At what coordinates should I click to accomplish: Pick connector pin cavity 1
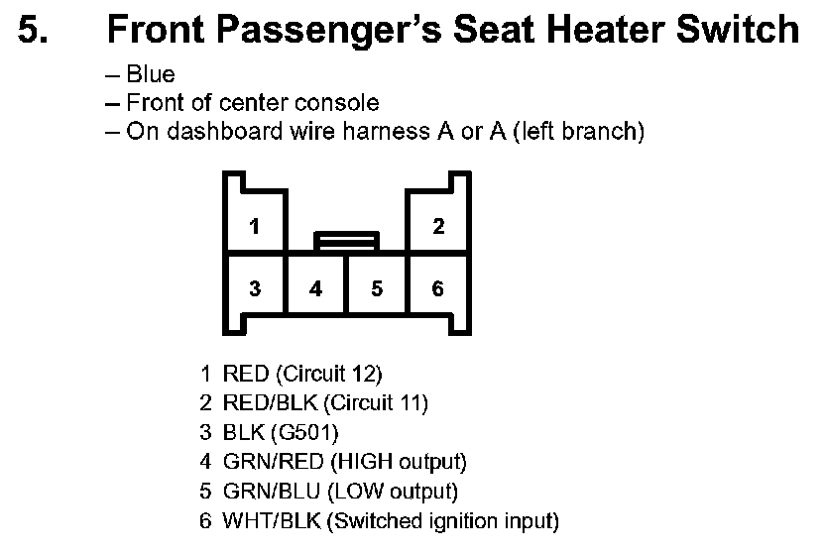click(x=255, y=227)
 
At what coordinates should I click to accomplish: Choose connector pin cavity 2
click(x=438, y=227)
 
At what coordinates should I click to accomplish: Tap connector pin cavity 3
click(x=255, y=289)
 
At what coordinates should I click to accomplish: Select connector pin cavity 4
click(x=315, y=289)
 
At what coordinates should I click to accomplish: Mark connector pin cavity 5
click(x=377, y=289)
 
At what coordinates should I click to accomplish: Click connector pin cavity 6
click(x=438, y=289)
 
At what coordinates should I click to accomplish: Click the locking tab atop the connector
click(x=346, y=240)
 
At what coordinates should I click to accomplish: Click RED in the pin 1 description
click(x=246, y=375)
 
